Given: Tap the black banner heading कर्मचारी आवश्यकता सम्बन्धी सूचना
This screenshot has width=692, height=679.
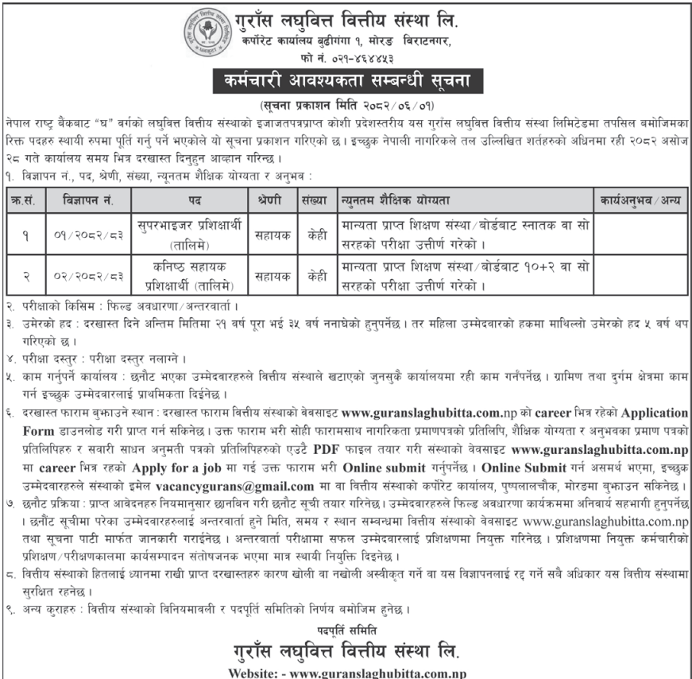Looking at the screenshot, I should [x=346, y=81].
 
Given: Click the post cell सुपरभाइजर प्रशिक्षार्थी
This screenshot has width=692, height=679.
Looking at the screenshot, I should [x=188, y=227].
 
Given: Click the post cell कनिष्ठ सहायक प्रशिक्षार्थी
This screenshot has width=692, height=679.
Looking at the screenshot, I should [x=188, y=269].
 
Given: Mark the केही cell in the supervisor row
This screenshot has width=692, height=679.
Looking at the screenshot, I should [x=313, y=235].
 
